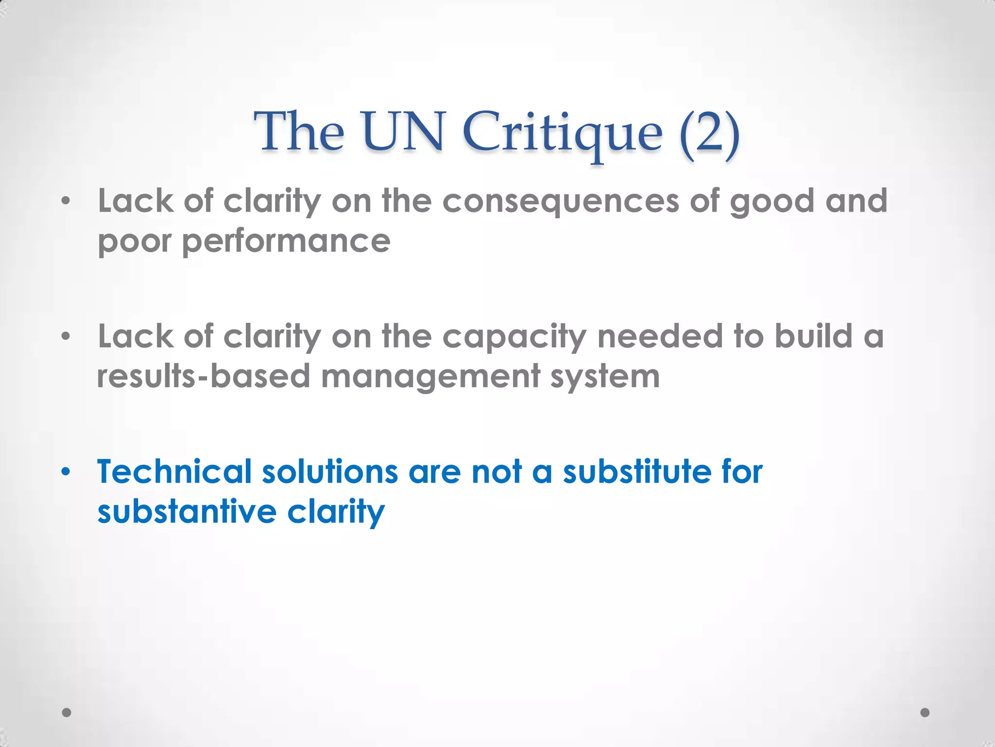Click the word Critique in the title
(562, 132)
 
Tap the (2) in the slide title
(710, 132)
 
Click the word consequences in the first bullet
(561, 201)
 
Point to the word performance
(286, 242)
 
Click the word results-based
(204, 376)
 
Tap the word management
(430, 377)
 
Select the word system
(605, 377)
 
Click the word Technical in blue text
(174, 472)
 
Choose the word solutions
(330, 472)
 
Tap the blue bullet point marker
(66, 472)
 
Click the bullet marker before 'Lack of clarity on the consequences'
(66, 201)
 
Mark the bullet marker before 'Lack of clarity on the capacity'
(66, 336)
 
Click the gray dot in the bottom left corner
(67, 712)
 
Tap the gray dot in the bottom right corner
(925, 712)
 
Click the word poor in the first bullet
(134, 242)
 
